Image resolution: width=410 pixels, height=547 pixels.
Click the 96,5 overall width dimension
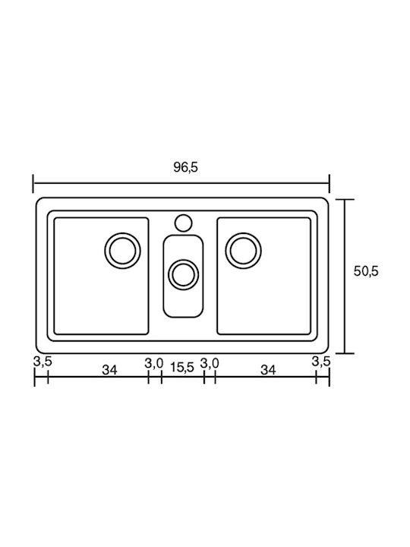pyautogui.click(x=185, y=167)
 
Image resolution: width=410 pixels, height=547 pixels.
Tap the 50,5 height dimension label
pyautogui.click(x=366, y=271)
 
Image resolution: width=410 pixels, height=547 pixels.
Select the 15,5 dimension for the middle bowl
pyautogui.click(x=182, y=368)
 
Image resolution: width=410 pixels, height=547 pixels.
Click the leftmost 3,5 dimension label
pyautogui.click(x=43, y=362)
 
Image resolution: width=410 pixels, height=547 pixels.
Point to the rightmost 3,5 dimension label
pyautogui.click(x=320, y=362)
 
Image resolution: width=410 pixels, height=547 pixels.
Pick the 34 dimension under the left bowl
pyautogui.click(x=109, y=370)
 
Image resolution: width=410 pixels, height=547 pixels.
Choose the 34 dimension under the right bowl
pyautogui.click(x=268, y=370)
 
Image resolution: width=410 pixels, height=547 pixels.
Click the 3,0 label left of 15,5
pyautogui.click(x=153, y=364)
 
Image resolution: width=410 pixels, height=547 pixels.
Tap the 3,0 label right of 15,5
pyautogui.click(x=210, y=364)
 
